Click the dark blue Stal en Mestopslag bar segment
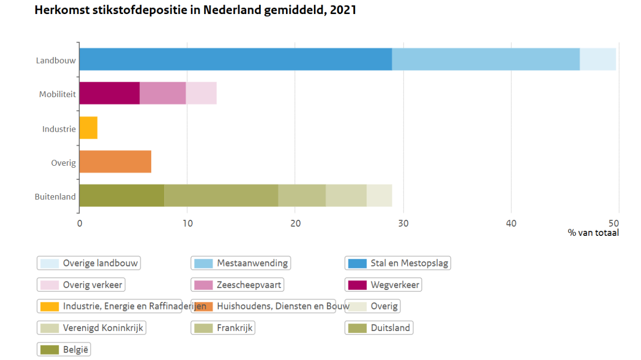[235, 59]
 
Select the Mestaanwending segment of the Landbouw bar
[485, 59]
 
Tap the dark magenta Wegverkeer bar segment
[109, 93]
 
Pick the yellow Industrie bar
[88, 128]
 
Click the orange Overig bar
[115, 162]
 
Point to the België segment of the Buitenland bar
[122, 195]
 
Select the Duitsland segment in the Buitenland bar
[221, 195]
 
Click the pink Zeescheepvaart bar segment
[162, 93]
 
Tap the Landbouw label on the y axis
[56, 61]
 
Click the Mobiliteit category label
[57, 94]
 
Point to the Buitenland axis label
[55, 197]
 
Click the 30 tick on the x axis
[403, 223]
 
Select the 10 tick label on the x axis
[187, 223]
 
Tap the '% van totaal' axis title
[593, 233]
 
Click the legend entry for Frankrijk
[223, 328]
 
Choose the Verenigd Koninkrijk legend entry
[92, 328]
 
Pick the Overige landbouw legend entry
[89, 263]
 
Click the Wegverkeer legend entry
[383, 285]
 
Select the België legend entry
[64, 349]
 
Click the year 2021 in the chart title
[343, 10]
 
